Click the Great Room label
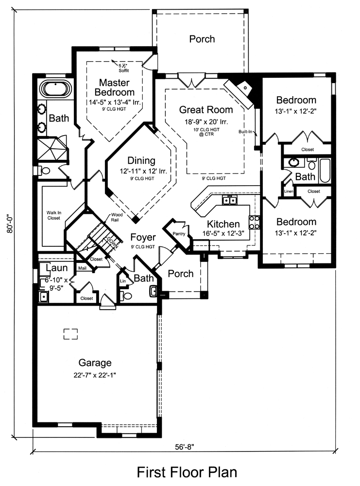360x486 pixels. (206, 110)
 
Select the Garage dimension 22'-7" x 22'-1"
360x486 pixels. (95, 375)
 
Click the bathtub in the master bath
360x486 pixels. (55, 89)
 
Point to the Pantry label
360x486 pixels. (179, 234)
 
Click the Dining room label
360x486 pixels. (141, 160)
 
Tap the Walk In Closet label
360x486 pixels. (53, 215)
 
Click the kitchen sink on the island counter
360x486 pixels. (229, 200)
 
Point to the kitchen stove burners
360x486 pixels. (254, 222)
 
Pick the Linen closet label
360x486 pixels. (289, 191)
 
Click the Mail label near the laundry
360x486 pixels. (82, 268)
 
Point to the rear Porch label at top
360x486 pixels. (202, 39)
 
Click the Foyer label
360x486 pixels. (143, 238)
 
